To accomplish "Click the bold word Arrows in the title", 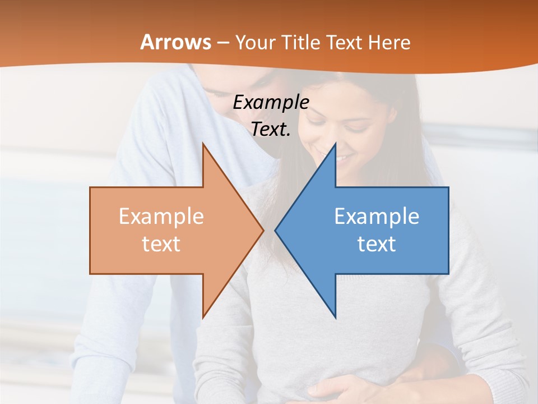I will pos(175,42).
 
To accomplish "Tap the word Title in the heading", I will pos(300,42).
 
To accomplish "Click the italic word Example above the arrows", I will pos(271,103).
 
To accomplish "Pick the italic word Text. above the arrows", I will pos(271,130).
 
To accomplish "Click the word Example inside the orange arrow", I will pos(161,217).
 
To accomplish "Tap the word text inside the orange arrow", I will pos(161,244).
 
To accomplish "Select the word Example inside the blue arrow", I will pos(377,217).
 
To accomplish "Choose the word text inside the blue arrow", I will pos(377,244).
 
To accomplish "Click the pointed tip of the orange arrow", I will pos(263,230).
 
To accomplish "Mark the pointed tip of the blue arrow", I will pos(275,230).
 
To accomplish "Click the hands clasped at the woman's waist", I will pos(336,387).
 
